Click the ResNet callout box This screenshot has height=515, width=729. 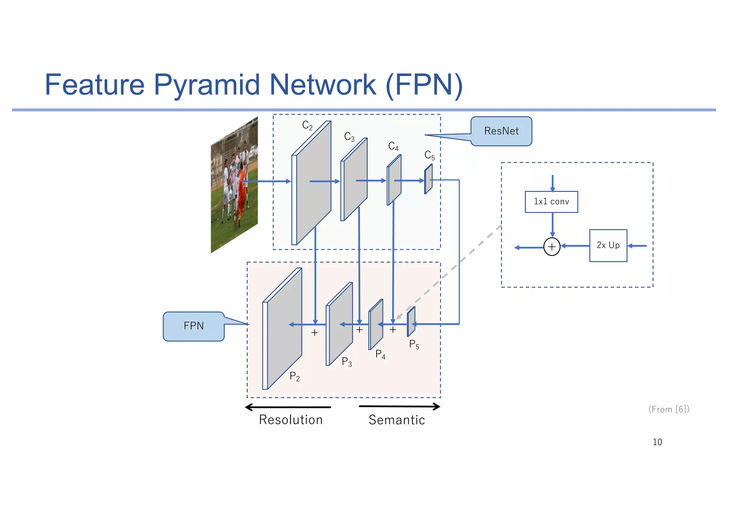tap(501, 131)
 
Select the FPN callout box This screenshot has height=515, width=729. tap(194, 326)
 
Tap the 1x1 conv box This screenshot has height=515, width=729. tap(551, 202)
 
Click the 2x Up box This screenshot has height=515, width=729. tap(608, 245)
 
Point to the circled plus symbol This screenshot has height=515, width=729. tap(552, 247)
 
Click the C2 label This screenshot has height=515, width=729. tap(307, 125)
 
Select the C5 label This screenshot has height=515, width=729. tap(429, 155)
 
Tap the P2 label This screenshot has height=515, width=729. tap(294, 376)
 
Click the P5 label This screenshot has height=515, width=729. tap(414, 344)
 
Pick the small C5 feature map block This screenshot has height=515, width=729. tap(428, 179)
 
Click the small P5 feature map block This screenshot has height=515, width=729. tap(411, 322)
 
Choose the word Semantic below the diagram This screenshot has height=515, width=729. tap(397, 420)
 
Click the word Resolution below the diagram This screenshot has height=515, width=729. tap(290, 420)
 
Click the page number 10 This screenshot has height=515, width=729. tap(657, 442)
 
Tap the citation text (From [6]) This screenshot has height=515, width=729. tap(669, 409)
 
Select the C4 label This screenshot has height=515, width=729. tap(393, 146)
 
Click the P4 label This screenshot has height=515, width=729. tap(380, 354)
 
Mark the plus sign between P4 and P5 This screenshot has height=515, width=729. tap(393, 330)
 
